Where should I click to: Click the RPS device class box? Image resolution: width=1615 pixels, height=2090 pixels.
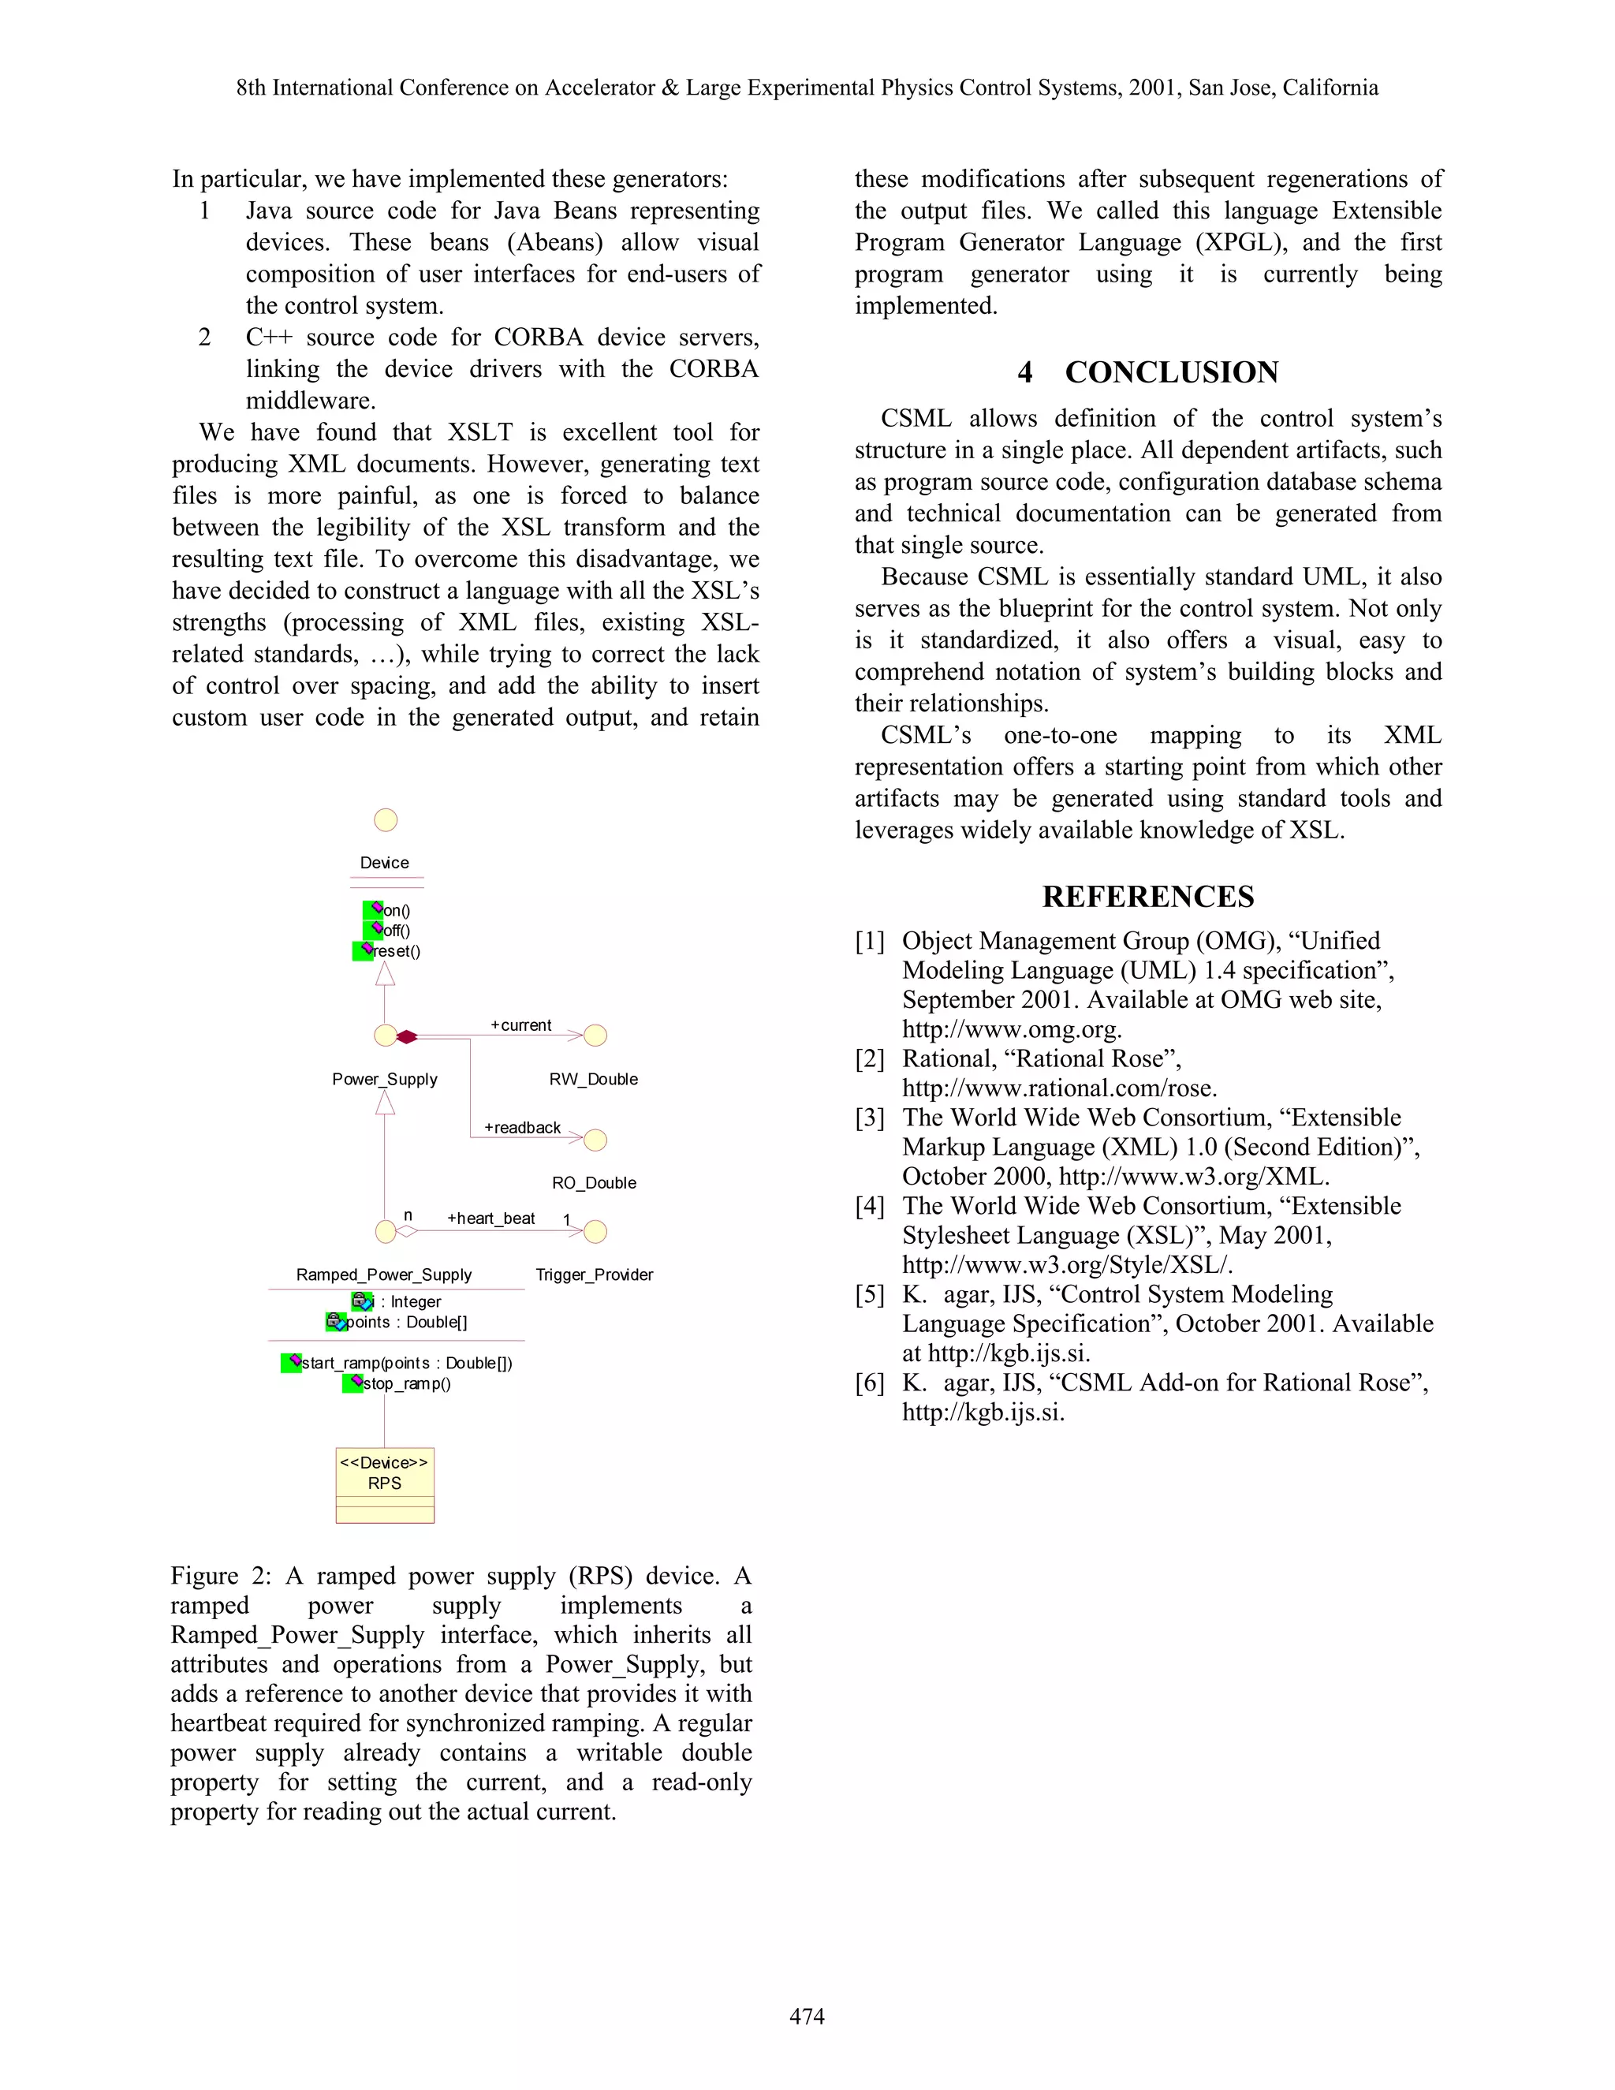pyautogui.click(x=385, y=1484)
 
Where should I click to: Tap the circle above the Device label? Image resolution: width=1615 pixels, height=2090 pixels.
pyautogui.click(x=386, y=820)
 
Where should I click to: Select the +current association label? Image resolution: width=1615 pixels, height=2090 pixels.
pyautogui.click(x=521, y=1025)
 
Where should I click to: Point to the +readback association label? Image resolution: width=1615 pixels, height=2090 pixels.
pyautogui.click(x=522, y=1127)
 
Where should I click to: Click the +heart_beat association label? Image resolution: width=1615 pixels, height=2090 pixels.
pyautogui.click(x=490, y=1219)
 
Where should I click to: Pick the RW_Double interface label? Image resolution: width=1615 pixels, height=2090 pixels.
pyautogui.click(x=593, y=1080)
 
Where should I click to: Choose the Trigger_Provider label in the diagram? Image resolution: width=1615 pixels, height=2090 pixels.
pyautogui.click(x=594, y=1275)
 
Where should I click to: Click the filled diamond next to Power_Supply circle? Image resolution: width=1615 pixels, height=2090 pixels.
pyautogui.click(x=407, y=1036)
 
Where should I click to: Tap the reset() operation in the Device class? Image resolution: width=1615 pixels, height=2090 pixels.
pyautogui.click(x=396, y=951)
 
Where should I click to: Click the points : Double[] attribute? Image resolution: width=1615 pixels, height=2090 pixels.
pyautogui.click(x=405, y=1323)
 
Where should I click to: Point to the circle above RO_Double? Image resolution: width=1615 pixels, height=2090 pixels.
pyautogui.click(x=595, y=1140)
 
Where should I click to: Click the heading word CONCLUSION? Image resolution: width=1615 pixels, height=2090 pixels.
pyautogui.click(x=1171, y=372)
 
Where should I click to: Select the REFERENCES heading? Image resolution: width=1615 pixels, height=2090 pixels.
pyautogui.click(x=1148, y=897)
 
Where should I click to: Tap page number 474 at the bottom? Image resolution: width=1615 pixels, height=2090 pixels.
pyautogui.click(x=807, y=2017)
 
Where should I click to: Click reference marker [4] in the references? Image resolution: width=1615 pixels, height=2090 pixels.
pyautogui.click(x=870, y=1207)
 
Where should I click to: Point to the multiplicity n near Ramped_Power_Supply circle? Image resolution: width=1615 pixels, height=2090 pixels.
pyautogui.click(x=408, y=1215)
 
